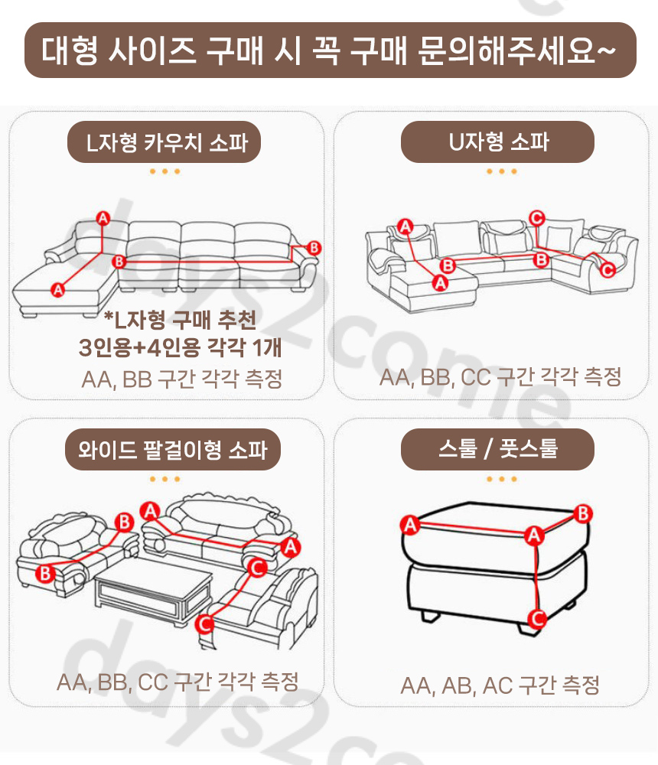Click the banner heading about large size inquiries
[x=330, y=50]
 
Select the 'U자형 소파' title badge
[x=497, y=142]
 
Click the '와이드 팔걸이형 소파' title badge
[x=173, y=449]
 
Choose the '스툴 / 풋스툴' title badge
[x=497, y=449]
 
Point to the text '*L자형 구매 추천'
[x=181, y=319]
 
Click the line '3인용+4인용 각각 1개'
[x=181, y=348]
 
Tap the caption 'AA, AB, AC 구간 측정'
[x=500, y=685]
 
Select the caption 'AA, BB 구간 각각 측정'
[x=181, y=379]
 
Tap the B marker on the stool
[x=584, y=513]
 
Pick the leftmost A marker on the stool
[x=411, y=525]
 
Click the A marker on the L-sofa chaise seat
[x=57, y=289]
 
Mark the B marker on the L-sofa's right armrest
[x=314, y=248]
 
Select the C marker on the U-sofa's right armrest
[x=608, y=269]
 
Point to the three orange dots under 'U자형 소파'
[x=497, y=171]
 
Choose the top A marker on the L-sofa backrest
[x=103, y=218]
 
